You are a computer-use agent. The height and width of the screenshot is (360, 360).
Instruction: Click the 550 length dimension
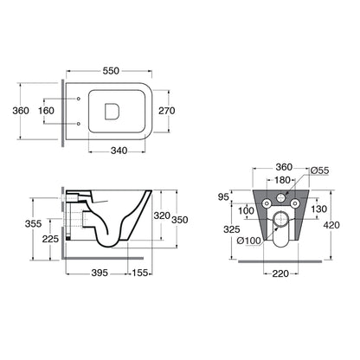point(111,71)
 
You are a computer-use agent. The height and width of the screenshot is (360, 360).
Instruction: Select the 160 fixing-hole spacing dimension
point(46,111)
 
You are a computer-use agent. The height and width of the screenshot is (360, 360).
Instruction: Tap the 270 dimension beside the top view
point(167,111)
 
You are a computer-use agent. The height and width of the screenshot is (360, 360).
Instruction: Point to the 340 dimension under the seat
point(119,151)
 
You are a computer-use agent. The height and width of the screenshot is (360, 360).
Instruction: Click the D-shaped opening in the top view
point(112,112)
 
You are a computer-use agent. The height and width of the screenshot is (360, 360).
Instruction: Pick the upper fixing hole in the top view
point(79,99)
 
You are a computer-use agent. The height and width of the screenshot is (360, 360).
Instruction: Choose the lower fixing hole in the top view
point(79,124)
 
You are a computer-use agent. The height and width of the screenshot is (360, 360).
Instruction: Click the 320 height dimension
point(162,215)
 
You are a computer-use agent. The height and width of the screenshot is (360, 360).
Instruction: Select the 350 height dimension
point(180,220)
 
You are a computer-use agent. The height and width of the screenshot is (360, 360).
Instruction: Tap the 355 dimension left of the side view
point(33,223)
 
